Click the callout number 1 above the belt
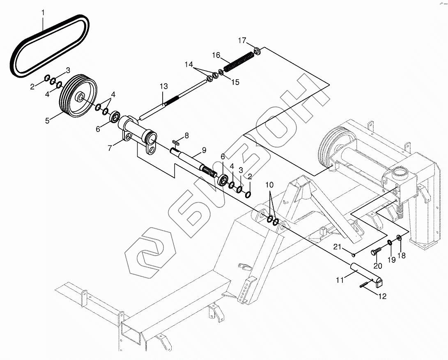(43, 12)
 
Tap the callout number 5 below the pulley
(47, 121)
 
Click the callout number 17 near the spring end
(242, 41)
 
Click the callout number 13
(164, 86)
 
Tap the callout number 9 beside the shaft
(204, 150)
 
